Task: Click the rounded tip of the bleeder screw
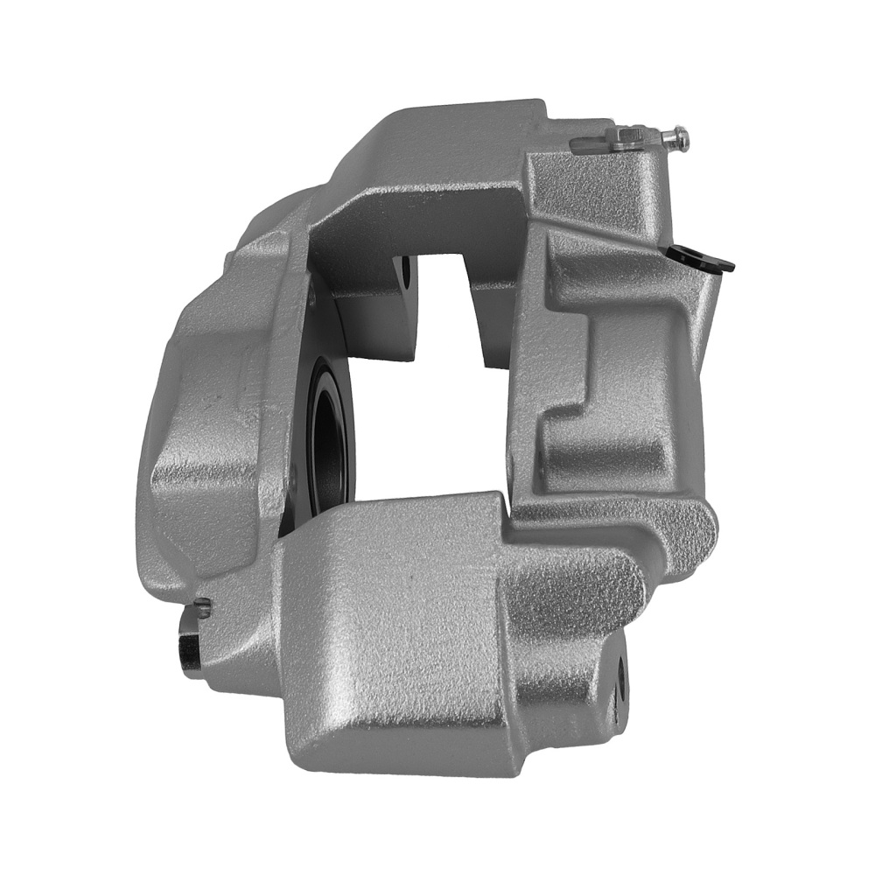tap(681, 136)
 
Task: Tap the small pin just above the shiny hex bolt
tap(203, 605)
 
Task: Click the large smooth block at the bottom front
tap(394, 639)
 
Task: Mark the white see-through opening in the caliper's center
tap(420, 420)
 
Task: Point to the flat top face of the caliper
tap(437, 149)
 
